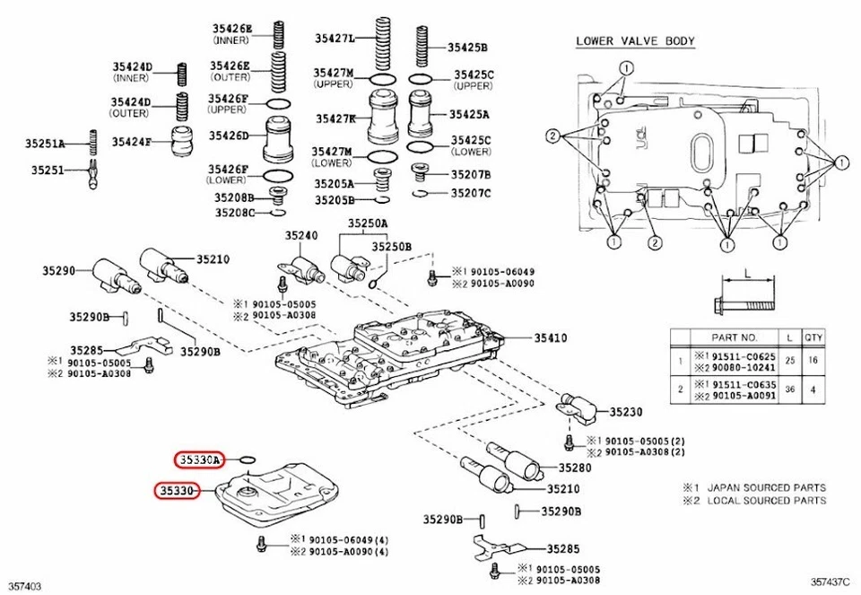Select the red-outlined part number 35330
point(175,491)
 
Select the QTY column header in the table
point(813,337)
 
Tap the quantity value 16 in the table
point(813,361)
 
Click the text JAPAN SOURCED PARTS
point(765,487)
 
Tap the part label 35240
point(301,235)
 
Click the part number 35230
point(626,412)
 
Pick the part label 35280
point(575,468)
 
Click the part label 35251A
point(45,144)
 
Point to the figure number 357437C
point(830,585)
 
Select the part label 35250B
point(393,246)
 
